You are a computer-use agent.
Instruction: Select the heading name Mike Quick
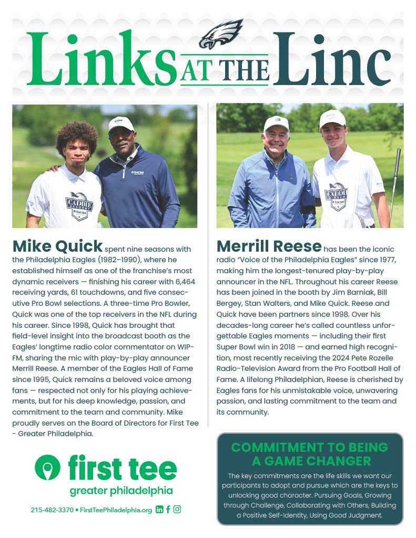[x=57, y=246]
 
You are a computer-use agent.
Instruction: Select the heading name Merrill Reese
[x=269, y=246]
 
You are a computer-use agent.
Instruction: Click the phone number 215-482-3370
[x=52, y=510]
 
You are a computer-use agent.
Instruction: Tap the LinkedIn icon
[x=159, y=510]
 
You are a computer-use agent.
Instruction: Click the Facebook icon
[x=168, y=510]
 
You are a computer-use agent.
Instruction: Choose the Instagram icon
[x=177, y=510]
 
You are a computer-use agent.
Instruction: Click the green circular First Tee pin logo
[x=48, y=467]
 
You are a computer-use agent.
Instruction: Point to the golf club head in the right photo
[x=398, y=154]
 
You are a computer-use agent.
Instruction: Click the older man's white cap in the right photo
[x=276, y=124]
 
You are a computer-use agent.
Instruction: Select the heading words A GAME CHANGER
[x=310, y=461]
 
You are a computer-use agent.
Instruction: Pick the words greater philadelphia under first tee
[x=121, y=491]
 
